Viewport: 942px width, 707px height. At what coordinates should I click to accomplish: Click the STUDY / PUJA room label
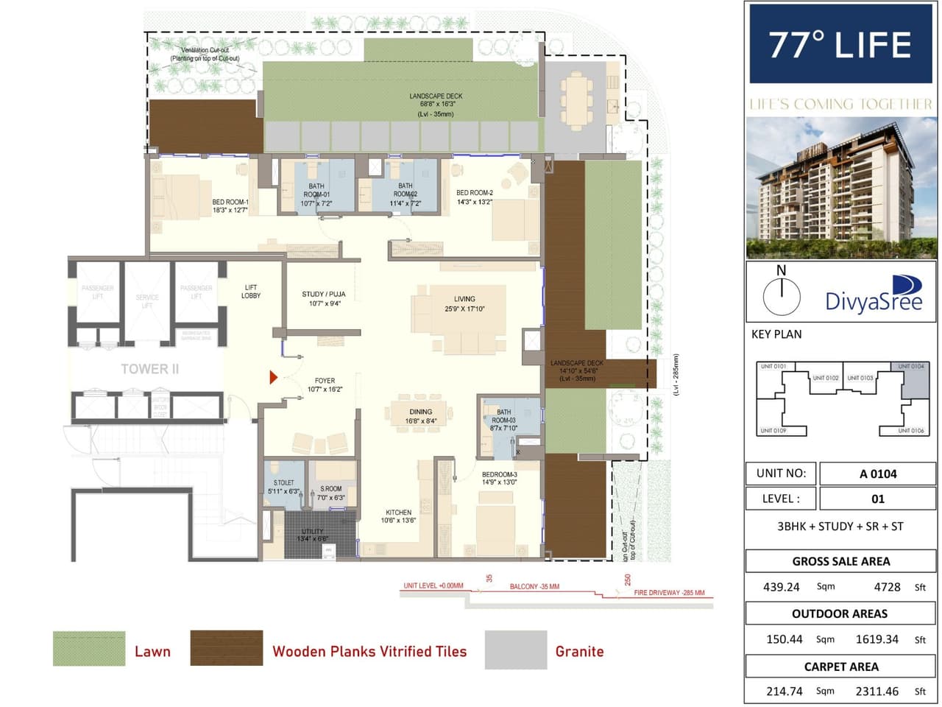pos(323,298)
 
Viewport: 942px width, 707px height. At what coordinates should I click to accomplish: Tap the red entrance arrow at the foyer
pos(273,378)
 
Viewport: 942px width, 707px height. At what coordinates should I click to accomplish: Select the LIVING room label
pos(464,303)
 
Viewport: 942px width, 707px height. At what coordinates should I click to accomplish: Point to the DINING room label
pos(421,417)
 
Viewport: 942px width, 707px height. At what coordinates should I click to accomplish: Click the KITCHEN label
pos(398,516)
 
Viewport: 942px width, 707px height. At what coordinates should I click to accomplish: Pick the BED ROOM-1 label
pos(230,206)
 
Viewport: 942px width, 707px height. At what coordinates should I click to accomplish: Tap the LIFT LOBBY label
pos(251,292)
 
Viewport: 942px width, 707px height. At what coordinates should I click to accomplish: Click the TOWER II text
pos(150,369)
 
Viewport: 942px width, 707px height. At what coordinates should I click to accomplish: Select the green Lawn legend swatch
pos(89,649)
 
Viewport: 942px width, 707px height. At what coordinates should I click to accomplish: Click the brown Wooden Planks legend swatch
pos(226,649)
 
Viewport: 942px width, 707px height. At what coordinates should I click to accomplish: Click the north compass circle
pos(781,296)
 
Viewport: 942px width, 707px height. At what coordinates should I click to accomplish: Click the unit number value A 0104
pos(877,474)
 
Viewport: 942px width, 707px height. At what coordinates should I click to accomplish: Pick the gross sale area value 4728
pos(887,587)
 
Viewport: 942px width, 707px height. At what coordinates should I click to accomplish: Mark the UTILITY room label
pos(313,535)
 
